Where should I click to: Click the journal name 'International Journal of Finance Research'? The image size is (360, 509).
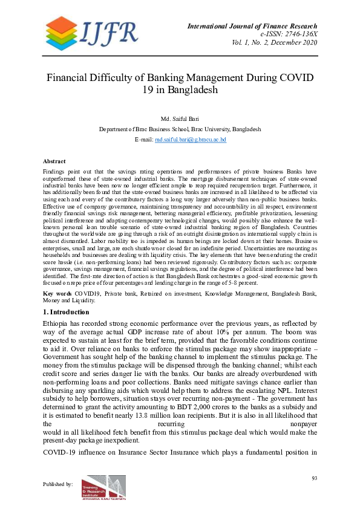click(x=252, y=26)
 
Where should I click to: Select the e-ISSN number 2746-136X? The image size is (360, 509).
click(x=294, y=34)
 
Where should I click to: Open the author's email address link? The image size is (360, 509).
click(x=190, y=139)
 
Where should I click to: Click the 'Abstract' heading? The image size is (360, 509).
click(x=54, y=161)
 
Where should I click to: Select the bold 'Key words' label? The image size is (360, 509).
click(x=57, y=293)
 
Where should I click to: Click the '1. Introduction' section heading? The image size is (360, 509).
click(x=66, y=312)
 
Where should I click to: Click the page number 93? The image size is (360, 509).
click(x=314, y=478)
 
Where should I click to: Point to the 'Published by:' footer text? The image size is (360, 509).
click(x=58, y=484)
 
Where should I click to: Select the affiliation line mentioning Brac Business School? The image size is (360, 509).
click(x=180, y=129)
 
